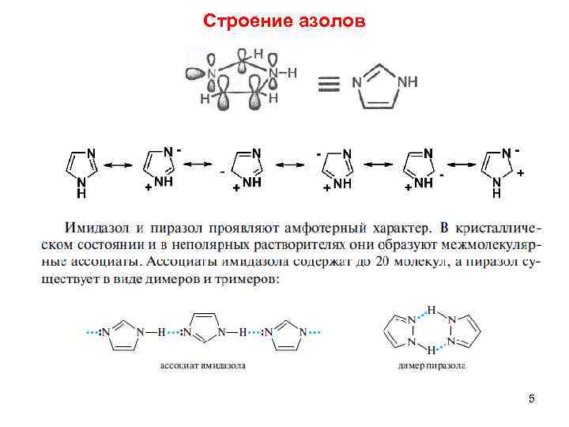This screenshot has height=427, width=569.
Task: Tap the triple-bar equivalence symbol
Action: click(329, 83)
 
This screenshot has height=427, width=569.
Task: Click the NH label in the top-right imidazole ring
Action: click(407, 81)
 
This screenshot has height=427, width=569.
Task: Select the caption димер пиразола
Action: click(431, 366)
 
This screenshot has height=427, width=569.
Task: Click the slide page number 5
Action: click(532, 399)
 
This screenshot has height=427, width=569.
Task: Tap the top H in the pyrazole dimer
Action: click(431, 308)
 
